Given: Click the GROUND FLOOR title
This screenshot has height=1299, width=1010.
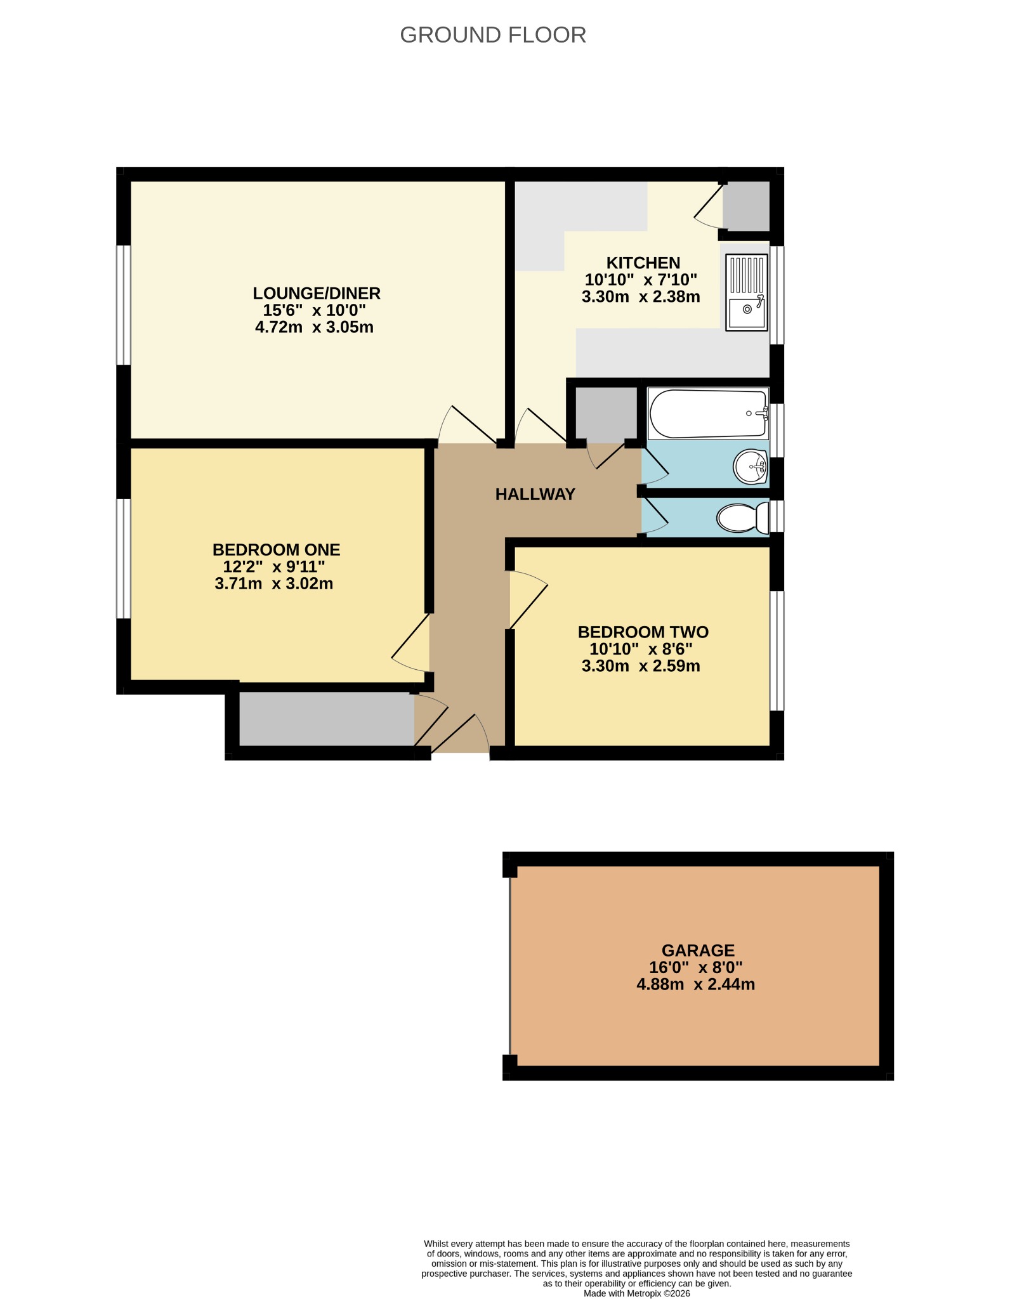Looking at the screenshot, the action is click(x=493, y=35).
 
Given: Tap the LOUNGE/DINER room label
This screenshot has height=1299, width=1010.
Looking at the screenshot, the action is click(x=317, y=293).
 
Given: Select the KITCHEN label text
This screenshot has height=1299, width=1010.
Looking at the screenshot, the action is click(x=643, y=263).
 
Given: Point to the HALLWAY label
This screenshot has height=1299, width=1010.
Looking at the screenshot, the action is click(x=535, y=494).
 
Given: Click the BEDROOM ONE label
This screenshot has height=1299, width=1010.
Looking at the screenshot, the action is click(x=276, y=549).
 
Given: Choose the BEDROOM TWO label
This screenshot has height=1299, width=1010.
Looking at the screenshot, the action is click(x=643, y=632).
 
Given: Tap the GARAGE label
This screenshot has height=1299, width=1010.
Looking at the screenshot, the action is click(x=698, y=950).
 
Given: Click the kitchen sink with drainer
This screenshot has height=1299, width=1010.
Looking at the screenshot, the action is click(x=747, y=292).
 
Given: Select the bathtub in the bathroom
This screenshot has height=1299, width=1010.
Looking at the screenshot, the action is click(x=708, y=414).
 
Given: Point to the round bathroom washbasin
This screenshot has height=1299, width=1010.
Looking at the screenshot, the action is click(x=751, y=467).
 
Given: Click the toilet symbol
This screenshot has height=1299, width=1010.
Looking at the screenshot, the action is click(x=743, y=518).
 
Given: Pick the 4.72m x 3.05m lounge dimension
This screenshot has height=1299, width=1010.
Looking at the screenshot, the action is click(x=314, y=327).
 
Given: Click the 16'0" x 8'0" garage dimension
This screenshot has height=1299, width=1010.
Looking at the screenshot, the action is click(x=696, y=967).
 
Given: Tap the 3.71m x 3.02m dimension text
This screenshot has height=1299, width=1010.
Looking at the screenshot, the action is click(x=274, y=584).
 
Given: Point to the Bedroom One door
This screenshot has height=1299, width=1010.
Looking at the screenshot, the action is click(x=411, y=643).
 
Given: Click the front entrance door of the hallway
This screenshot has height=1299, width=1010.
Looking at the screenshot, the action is click(x=460, y=734).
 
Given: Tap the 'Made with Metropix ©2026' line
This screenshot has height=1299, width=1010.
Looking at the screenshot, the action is click(x=637, y=1293).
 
